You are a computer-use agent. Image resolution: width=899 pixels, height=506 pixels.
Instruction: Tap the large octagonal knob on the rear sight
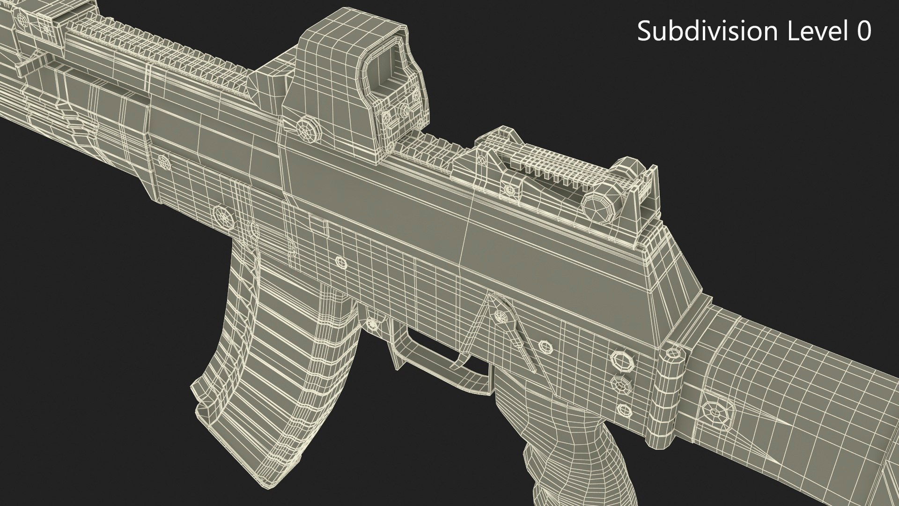click(600, 202)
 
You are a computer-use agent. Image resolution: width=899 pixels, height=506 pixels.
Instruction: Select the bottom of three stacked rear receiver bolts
click(624, 408)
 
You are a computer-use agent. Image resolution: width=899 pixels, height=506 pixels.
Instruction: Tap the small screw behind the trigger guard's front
click(373, 323)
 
